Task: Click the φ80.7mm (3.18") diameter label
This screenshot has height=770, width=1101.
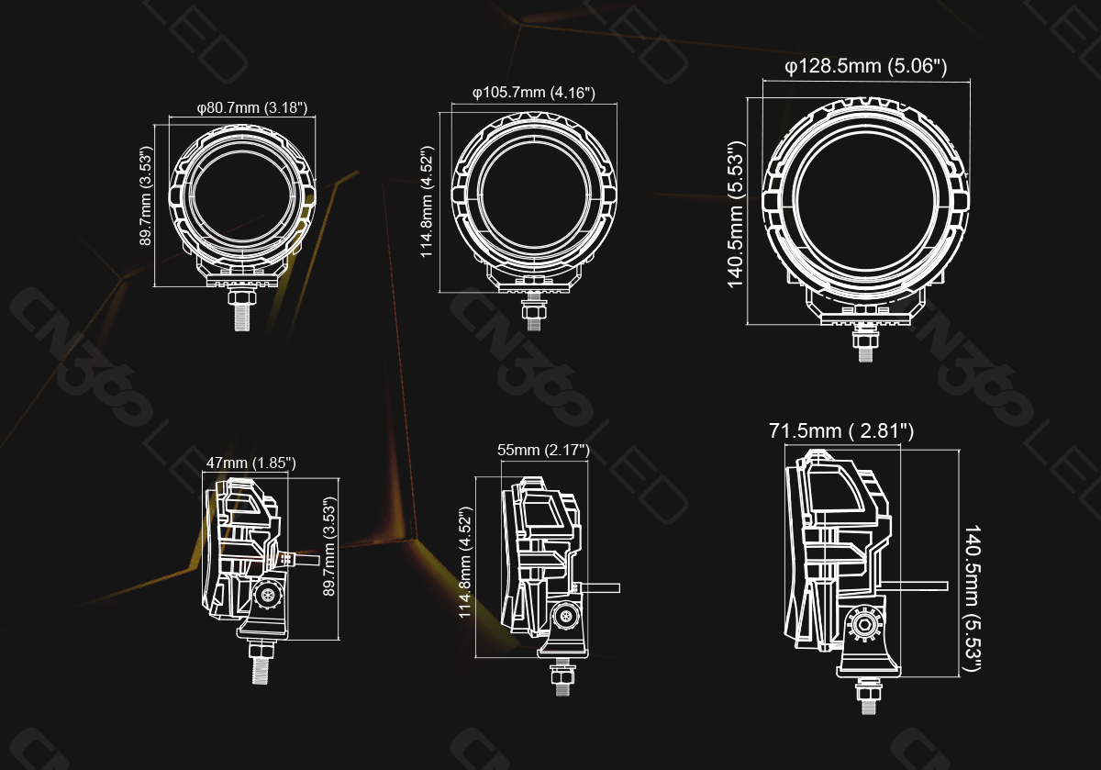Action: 251,109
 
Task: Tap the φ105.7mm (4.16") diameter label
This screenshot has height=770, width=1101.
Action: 534,93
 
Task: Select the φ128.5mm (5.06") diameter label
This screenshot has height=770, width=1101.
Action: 865,66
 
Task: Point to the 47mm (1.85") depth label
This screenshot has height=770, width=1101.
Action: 251,463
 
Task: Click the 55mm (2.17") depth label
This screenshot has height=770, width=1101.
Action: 543,450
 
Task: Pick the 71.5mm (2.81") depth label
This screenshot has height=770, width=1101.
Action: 840,430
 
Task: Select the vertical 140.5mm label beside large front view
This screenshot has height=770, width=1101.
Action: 736,215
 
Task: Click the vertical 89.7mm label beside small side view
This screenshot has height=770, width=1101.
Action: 331,547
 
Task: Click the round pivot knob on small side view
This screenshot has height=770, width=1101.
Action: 268,597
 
